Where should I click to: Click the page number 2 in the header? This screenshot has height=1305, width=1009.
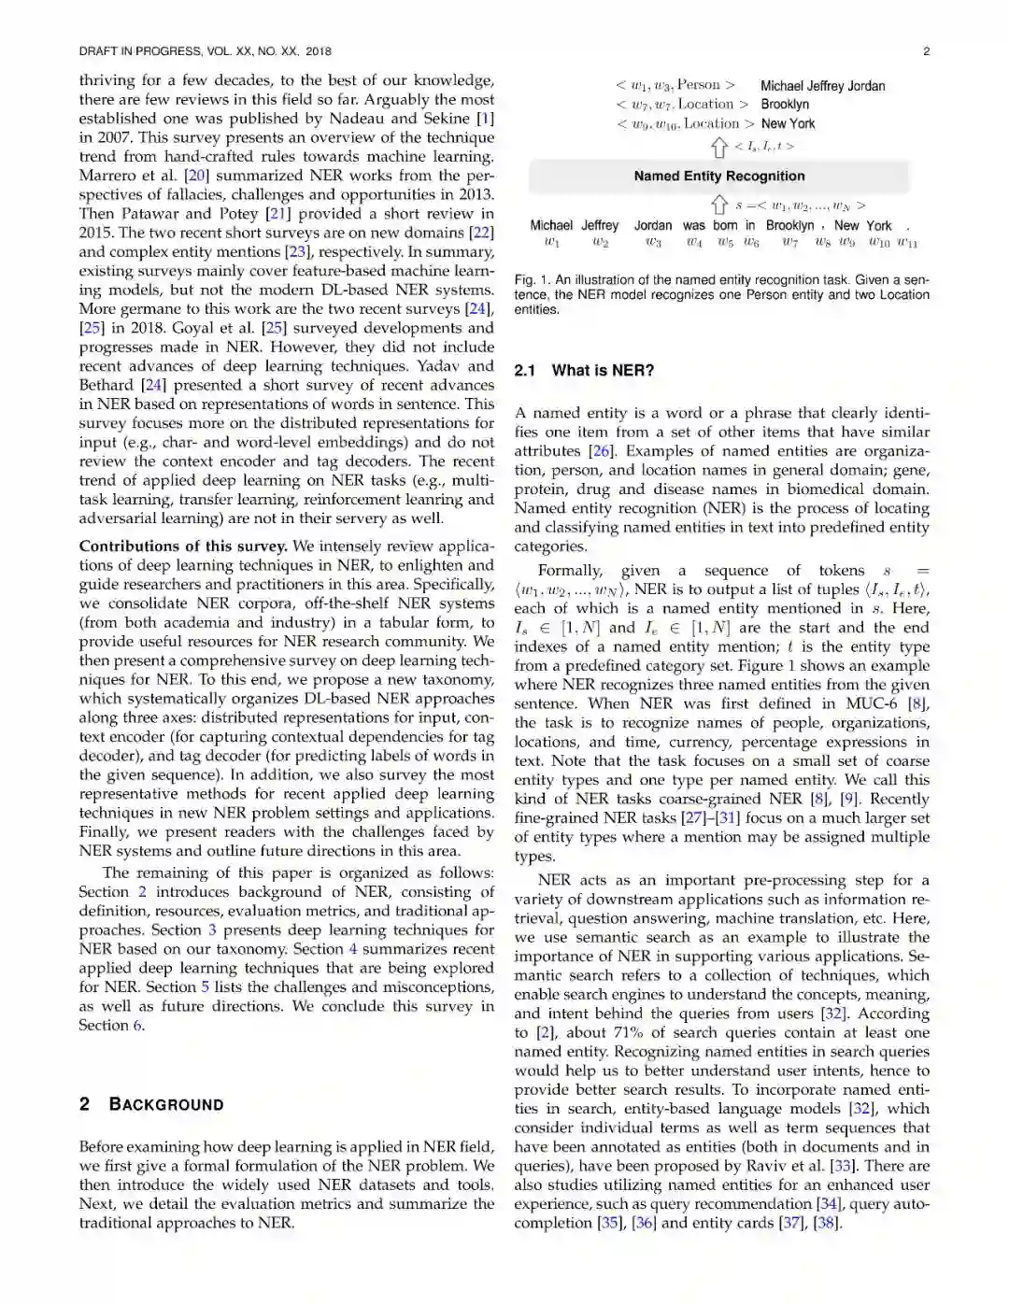(926, 51)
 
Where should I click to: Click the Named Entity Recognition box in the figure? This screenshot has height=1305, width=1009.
(718, 176)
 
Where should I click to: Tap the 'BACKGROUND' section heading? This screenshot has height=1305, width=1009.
(166, 1104)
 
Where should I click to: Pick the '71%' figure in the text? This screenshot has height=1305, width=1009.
(630, 1032)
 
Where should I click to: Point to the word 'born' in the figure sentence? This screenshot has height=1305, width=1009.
(725, 225)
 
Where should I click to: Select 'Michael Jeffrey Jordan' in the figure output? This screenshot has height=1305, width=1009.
(822, 86)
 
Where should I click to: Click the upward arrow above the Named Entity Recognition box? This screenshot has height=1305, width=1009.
(719, 147)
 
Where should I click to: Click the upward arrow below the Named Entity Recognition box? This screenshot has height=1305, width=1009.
(719, 205)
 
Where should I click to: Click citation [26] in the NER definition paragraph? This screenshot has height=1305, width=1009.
(601, 451)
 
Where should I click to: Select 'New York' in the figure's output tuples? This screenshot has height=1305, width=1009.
(788, 123)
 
